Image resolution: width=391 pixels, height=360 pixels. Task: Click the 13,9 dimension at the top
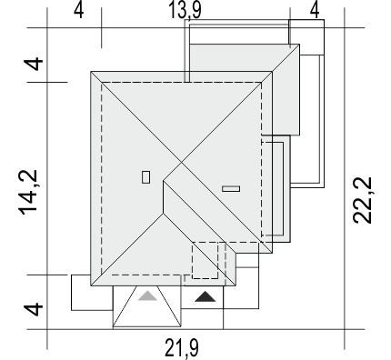[x=185, y=10]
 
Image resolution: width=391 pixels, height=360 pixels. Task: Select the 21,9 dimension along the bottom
[x=182, y=347]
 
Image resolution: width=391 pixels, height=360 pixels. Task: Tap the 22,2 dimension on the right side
[x=362, y=200]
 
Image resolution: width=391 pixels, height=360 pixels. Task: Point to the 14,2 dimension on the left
[x=28, y=193]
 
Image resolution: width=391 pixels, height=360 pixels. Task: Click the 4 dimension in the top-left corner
[x=78, y=11]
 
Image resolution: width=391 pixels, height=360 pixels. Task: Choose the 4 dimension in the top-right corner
[x=315, y=11]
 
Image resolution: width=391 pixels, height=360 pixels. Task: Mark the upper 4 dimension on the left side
[x=34, y=64]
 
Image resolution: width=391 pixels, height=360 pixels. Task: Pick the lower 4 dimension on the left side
[x=34, y=309]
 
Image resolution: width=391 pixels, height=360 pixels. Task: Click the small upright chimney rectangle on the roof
[x=145, y=177]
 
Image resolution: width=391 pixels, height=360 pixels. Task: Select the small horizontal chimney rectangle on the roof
[x=231, y=189]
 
